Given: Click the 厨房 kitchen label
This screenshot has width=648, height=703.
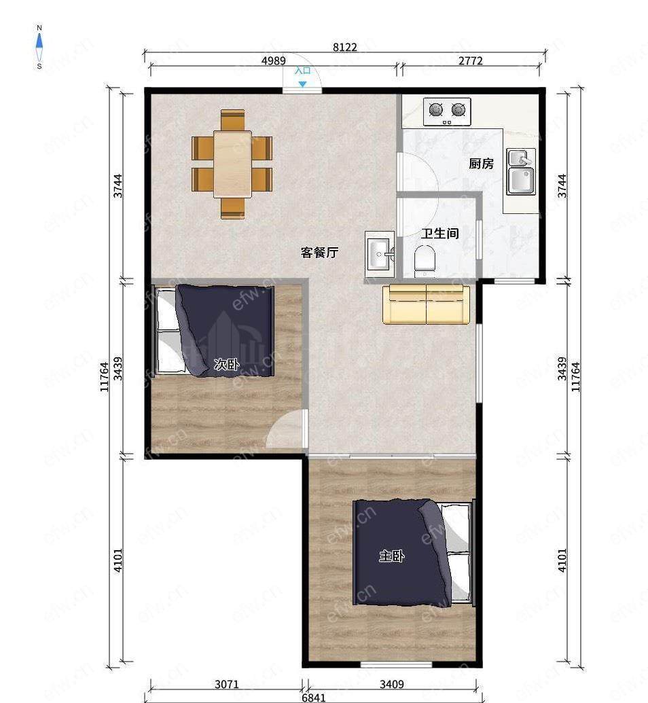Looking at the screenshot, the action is (481, 164).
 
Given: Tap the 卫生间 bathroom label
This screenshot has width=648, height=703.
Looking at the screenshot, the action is (440, 233).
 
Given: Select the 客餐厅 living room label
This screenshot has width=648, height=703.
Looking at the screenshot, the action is (319, 253).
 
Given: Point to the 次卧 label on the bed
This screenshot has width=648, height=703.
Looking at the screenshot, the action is (226, 364).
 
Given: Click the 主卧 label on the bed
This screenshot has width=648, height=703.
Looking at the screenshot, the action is (391, 556).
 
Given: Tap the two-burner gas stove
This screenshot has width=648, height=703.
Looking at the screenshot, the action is (447, 111).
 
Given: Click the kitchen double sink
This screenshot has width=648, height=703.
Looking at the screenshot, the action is (521, 172).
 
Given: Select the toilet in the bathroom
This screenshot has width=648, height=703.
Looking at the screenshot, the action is (425, 259).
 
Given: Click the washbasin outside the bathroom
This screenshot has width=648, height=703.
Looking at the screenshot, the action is (380, 254).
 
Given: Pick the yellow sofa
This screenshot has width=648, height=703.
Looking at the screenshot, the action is (426, 304).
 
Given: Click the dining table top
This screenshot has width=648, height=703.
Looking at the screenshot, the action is (232, 164).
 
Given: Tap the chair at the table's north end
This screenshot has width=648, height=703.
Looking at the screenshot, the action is (233, 120).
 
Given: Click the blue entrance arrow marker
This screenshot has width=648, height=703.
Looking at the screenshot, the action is (303, 84).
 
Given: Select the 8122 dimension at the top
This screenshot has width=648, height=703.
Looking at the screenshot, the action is (345, 47).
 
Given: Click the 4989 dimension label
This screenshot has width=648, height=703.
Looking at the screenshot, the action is (274, 60).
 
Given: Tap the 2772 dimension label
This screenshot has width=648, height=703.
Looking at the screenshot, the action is (471, 60).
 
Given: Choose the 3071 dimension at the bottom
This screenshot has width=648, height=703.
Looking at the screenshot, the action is (227, 684).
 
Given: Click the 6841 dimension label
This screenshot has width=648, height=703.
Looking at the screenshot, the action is (313, 698).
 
